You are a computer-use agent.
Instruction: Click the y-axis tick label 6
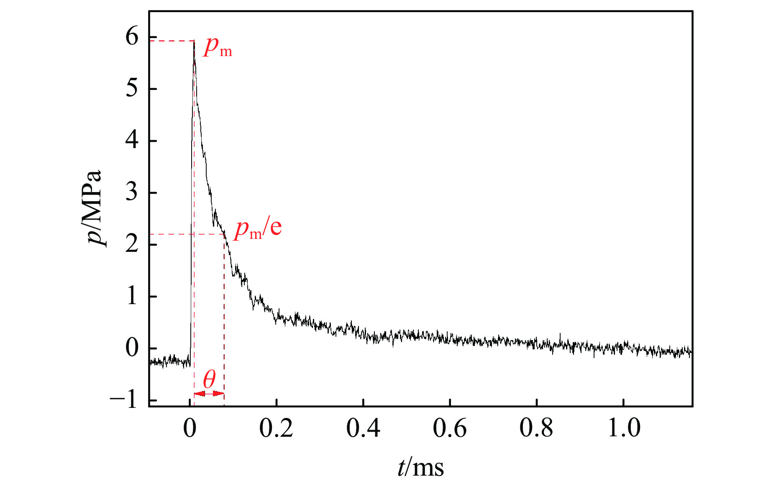click(132, 37)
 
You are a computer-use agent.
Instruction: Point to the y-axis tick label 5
click(132, 89)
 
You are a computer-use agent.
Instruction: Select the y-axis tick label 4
click(132, 141)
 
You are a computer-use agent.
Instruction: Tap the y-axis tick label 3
click(132, 192)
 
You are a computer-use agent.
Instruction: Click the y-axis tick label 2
click(132, 244)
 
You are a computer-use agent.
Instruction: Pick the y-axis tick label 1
click(132, 296)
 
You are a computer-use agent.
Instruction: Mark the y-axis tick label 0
click(132, 348)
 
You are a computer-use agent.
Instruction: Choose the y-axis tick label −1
click(124, 400)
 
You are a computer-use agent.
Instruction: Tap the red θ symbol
click(209, 380)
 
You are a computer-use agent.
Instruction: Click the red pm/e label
click(258, 228)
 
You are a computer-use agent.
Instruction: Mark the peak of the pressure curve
click(194, 41)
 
